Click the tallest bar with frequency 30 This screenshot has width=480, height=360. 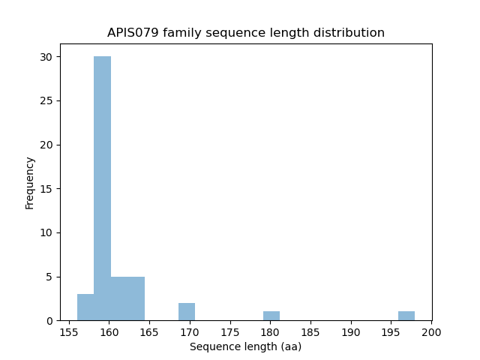coord(103,188)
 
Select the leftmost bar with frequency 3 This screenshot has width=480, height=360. coord(85,307)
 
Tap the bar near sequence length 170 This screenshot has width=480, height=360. coord(187,312)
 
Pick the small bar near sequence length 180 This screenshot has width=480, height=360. coord(271,316)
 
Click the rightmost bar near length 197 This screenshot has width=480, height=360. coord(406,316)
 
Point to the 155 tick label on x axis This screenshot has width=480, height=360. coord(69,331)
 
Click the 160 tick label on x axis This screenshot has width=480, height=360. coord(109,331)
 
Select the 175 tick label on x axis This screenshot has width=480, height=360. coord(230,331)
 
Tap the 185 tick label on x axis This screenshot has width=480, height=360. coord(310,331)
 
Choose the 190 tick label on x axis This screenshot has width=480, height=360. coord(351,331)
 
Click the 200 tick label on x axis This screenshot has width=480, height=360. coord(431,331)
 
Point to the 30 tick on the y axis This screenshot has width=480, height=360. coord(46,57)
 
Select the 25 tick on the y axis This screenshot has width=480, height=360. coord(46,101)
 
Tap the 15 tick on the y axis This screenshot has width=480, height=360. coord(46,189)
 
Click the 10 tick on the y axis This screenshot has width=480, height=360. coord(46,233)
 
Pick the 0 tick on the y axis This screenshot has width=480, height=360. coord(49,321)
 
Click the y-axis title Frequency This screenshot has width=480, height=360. coord(30,182)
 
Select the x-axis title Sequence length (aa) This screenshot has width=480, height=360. coord(245,346)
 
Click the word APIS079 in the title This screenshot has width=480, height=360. coord(132,33)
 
